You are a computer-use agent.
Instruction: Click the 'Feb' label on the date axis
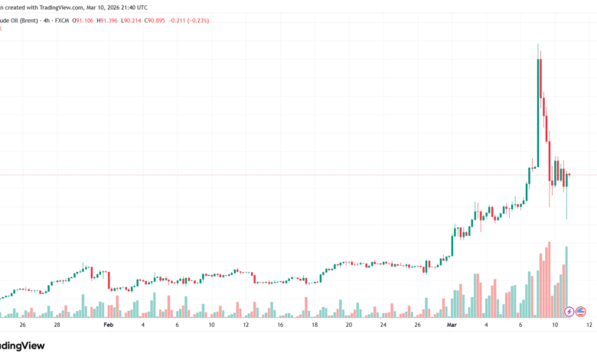pyautogui.click(x=109, y=325)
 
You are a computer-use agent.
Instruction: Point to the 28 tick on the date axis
pyautogui.click(x=57, y=325)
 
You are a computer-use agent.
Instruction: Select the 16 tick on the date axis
pyautogui.click(x=280, y=325)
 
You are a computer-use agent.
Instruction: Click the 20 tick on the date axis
pyautogui.click(x=348, y=325)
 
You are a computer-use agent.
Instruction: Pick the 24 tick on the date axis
pyautogui.click(x=383, y=325)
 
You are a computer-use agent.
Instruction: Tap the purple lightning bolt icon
pyautogui.click(x=569, y=311)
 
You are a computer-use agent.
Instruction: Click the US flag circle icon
pyautogui.click(x=581, y=311)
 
